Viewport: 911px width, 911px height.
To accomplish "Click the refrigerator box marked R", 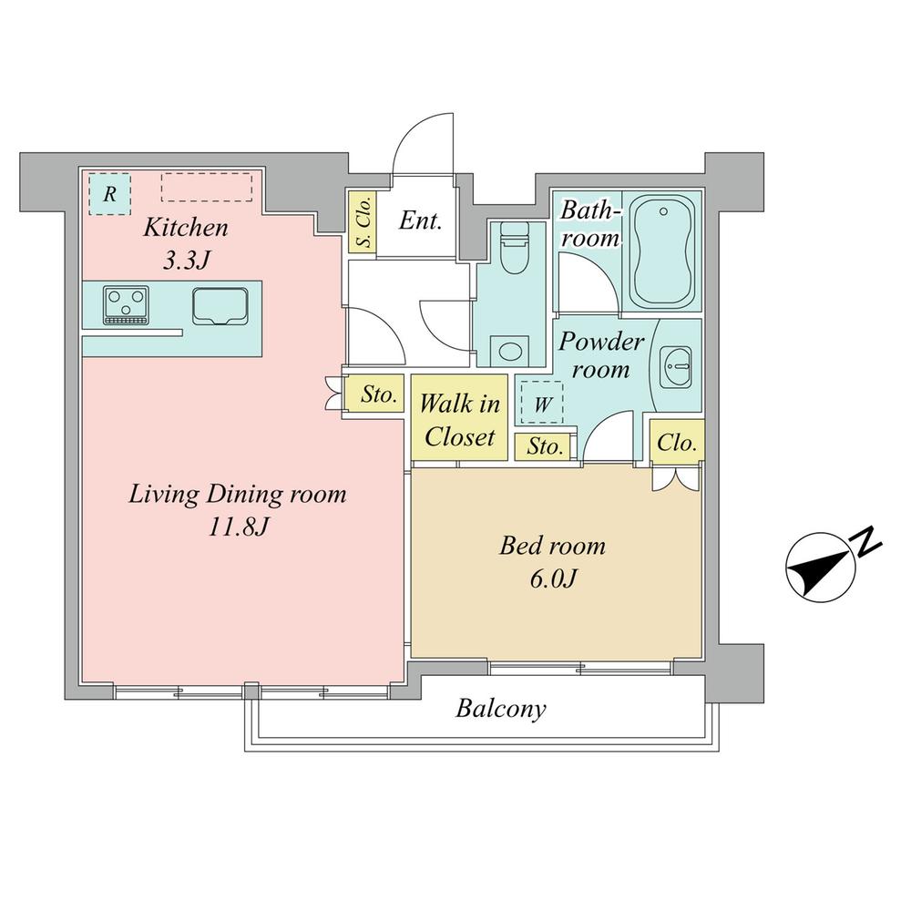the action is [x=110, y=194].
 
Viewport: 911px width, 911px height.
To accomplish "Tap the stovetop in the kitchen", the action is [x=126, y=304].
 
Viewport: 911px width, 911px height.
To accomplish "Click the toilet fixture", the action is [x=514, y=249].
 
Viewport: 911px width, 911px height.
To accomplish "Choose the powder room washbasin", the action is [x=676, y=367].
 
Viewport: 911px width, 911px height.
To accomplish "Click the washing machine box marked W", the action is [x=542, y=403].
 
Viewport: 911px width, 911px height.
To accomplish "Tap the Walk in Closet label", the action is [x=459, y=419].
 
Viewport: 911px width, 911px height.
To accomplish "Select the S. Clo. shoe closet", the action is [x=363, y=222].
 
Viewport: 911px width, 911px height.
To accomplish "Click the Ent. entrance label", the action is [x=420, y=220].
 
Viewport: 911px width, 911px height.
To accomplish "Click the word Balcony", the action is [x=501, y=710].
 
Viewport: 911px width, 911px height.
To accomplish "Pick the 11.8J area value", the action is [x=238, y=527].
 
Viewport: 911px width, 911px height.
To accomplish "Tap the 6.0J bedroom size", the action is [x=553, y=578].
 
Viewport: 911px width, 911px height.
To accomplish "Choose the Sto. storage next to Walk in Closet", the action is [x=545, y=446].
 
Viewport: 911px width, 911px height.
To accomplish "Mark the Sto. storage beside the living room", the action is [x=374, y=394].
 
